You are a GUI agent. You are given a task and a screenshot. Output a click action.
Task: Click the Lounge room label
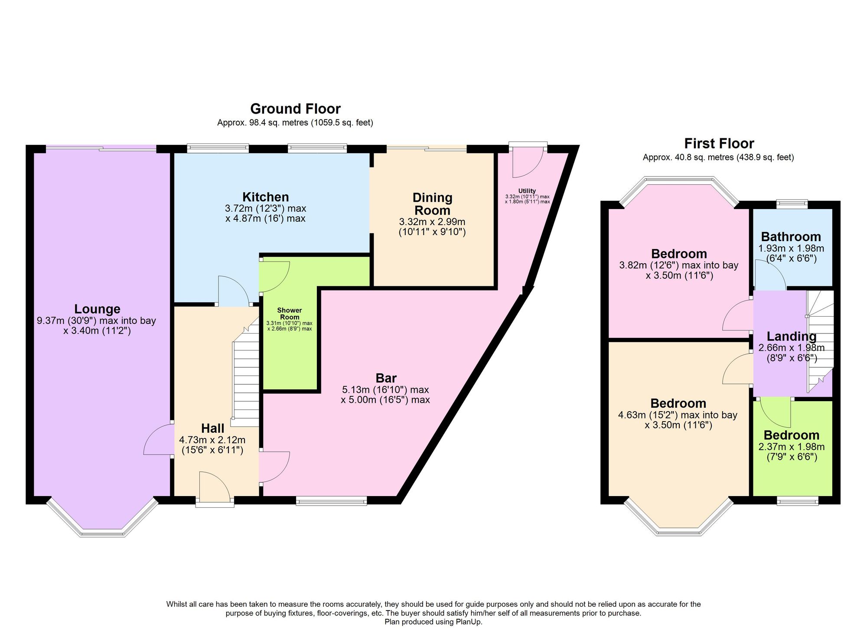(97, 309)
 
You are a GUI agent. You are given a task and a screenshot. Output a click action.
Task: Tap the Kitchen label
(265, 197)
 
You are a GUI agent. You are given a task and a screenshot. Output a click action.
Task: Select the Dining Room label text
(432, 204)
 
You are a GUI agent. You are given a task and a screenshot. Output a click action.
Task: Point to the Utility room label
(527, 191)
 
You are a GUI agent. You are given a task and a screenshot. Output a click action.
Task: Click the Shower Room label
(290, 314)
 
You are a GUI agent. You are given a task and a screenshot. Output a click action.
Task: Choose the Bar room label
(386, 378)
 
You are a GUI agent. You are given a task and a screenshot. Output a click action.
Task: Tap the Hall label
(212, 428)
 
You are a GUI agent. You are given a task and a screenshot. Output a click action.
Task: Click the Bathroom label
(791, 237)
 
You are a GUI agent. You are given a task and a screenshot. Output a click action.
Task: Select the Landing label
(792, 337)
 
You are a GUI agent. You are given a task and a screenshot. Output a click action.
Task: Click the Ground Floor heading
(295, 108)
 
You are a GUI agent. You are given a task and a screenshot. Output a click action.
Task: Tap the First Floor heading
(719, 143)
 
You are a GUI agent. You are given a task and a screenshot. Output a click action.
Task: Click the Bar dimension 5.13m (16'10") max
(385, 389)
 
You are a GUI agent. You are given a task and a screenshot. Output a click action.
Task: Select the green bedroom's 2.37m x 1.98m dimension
(792, 447)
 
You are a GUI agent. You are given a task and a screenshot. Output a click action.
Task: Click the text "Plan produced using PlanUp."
(433, 622)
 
